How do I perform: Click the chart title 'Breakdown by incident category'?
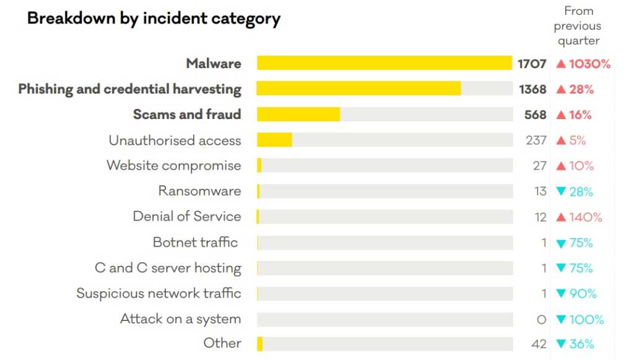(x=154, y=19)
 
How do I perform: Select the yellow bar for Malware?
(x=384, y=63)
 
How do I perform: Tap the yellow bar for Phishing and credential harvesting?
(x=358, y=89)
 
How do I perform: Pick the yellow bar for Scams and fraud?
(x=298, y=114)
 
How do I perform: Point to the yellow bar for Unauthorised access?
(x=274, y=140)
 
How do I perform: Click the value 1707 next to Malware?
(x=532, y=64)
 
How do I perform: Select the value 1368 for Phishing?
(x=532, y=89)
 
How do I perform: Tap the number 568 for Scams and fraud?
(x=536, y=115)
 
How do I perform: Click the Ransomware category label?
(x=199, y=191)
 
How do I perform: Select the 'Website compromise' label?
(x=173, y=165)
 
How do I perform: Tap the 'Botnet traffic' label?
(x=195, y=242)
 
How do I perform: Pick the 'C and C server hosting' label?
(x=168, y=268)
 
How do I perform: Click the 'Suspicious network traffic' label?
(x=158, y=293)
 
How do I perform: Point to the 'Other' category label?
(x=222, y=343)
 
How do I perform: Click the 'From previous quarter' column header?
(x=578, y=26)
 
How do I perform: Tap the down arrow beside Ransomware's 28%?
(x=561, y=191)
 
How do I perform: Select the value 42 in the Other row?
(x=539, y=344)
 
